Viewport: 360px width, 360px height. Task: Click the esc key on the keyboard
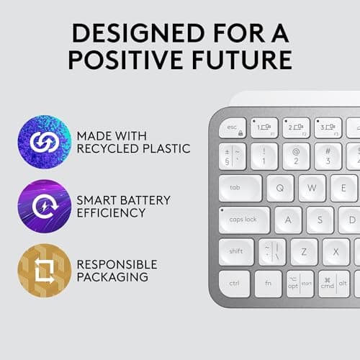tap(233, 128)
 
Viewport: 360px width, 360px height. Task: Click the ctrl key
tap(235, 283)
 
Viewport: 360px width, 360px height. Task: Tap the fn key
tap(268, 283)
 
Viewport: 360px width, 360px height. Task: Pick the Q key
tap(280, 188)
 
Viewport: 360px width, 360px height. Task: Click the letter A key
tap(289, 220)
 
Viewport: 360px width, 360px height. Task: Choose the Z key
tap(304, 251)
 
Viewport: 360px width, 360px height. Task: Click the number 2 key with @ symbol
tap(296, 156)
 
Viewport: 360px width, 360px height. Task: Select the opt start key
tap(299, 282)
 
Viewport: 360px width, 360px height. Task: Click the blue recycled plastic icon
tap(43, 141)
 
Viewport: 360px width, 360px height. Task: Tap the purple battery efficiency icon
tap(43, 206)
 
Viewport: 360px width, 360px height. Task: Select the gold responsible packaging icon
tap(43, 270)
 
